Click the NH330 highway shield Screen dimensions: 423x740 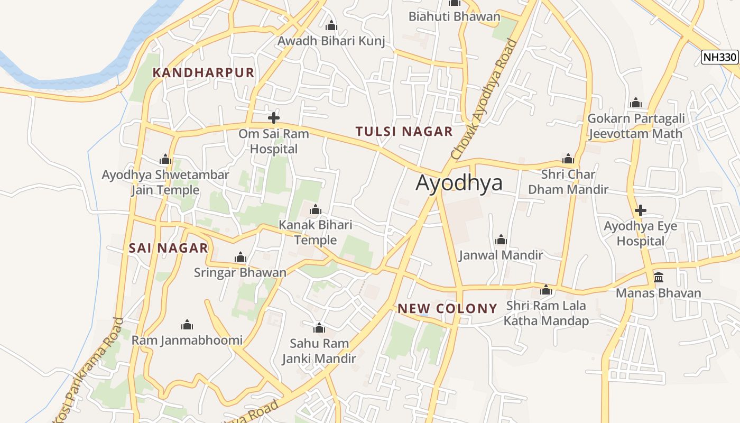(719, 58)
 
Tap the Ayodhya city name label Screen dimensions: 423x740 (459, 183)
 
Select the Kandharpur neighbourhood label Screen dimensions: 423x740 (203, 73)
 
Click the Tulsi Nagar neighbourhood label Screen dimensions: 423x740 (404, 132)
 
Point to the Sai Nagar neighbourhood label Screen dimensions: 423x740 (168, 248)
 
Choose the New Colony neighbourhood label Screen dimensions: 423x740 (447, 309)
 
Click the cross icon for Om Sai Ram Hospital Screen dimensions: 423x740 (273, 118)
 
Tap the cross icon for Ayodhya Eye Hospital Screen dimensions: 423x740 (641, 210)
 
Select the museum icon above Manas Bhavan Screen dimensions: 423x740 (659, 277)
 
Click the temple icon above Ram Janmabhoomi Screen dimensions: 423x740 (187, 325)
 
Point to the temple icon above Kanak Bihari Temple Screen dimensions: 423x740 (316, 210)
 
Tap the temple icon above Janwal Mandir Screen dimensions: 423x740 (501, 240)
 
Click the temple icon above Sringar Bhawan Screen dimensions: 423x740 (240, 258)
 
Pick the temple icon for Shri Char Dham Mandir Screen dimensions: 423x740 (568, 159)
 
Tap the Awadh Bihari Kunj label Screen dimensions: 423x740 (331, 41)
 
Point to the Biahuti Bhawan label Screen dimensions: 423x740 (454, 16)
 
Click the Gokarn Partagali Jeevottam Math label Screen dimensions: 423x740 (636, 126)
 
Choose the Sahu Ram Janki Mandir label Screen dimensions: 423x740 (319, 351)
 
